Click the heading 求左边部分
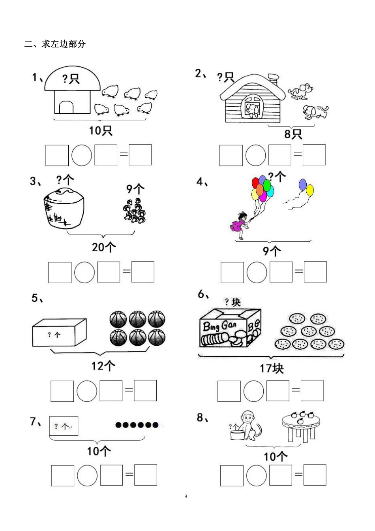(55, 44)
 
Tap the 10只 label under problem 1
(101, 130)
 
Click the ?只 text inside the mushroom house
(71, 79)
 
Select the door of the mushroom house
(66, 107)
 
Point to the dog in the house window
(251, 110)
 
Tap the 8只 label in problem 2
(293, 134)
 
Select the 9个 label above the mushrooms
(135, 188)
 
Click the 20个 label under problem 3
(104, 247)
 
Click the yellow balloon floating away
(310, 191)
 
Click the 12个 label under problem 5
(103, 366)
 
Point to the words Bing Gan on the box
(219, 326)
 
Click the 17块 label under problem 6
(272, 368)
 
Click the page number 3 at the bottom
(186, 497)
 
